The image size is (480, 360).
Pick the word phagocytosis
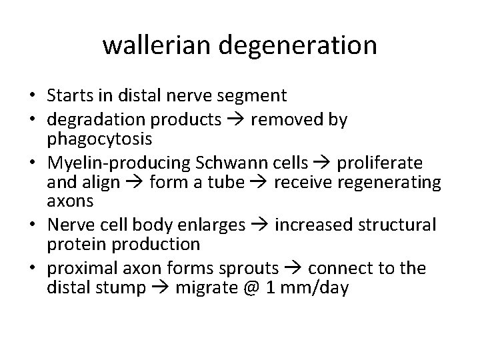pos(100,141)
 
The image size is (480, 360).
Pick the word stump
pos(123,289)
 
